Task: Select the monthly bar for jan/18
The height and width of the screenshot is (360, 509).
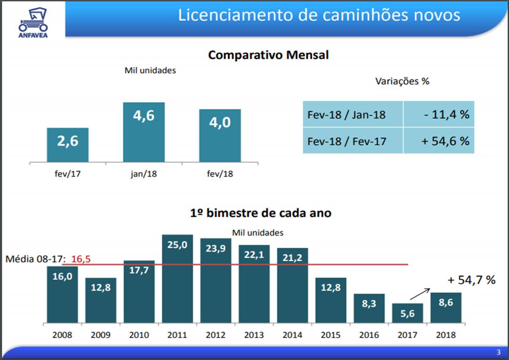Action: click(144, 132)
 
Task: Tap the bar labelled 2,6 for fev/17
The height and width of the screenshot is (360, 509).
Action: click(68, 145)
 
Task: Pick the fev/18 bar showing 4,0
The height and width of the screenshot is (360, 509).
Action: click(220, 135)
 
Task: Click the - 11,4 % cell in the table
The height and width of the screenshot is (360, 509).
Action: click(439, 114)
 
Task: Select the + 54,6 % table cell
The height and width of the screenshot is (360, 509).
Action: click(439, 141)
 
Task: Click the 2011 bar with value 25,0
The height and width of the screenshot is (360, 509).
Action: click(177, 278)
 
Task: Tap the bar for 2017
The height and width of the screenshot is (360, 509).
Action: click(408, 313)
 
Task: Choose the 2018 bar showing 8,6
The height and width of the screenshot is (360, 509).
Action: click(446, 307)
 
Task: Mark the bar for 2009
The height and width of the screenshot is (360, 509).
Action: click(100, 300)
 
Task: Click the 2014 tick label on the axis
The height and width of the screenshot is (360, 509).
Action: click(292, 335)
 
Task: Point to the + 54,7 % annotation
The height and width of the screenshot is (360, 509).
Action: click(471, 280)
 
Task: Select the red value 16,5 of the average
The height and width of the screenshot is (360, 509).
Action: click(80, 258)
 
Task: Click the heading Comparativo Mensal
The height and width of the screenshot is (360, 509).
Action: click(268, 55)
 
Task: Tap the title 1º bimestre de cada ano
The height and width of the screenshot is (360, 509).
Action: click(261, 213)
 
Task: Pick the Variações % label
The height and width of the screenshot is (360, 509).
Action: click(402, 81)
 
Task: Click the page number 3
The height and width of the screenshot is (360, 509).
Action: click(498, 352)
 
